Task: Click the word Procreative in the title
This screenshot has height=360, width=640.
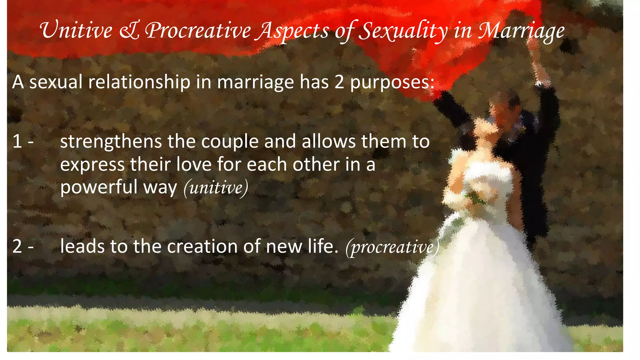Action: point(198,31)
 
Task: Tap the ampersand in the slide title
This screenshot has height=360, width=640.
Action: point(129,31)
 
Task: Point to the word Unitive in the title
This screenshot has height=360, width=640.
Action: point(76,31)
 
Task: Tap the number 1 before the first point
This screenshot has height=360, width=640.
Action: point(17,141)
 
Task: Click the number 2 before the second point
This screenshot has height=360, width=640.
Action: point(17,246)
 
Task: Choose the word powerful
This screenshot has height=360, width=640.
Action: point(99,187)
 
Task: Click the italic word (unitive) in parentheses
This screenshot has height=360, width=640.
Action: point(216,188)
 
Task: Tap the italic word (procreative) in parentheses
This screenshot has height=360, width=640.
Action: point(392,247)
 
